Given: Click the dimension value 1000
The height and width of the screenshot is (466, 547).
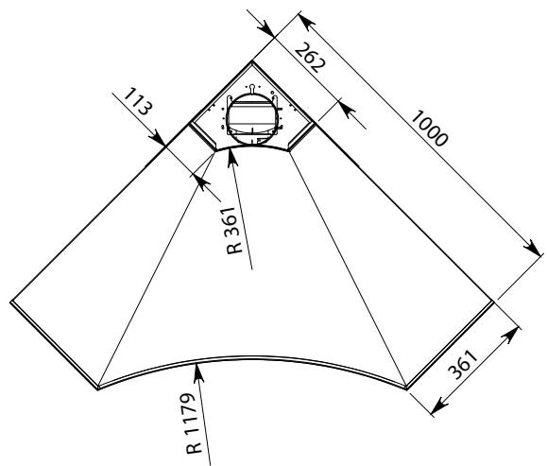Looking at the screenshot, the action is (x=429, y=129).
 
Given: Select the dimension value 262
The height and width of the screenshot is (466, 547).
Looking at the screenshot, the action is (x=310, y=58).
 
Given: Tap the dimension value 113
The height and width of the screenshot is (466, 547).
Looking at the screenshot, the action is (x=138, y=101).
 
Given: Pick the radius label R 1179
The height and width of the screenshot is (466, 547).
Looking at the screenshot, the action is (x=195, y=423).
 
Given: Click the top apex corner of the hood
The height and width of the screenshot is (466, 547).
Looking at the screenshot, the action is (x=252, y=61).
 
